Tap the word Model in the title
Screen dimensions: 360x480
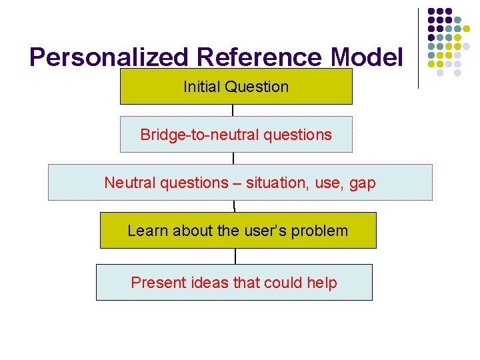coord(367,57)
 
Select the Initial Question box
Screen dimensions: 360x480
coord(236,87)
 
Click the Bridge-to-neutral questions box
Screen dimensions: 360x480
coord(236,135)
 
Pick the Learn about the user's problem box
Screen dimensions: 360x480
coord(238,231)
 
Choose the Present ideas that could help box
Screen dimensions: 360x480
coord(234,283)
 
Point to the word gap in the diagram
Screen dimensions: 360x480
coord(363,183)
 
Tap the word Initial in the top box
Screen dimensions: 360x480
coord(202,87)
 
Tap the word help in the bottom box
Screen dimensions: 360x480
coord(322,283)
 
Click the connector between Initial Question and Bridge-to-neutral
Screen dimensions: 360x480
coord(233,111)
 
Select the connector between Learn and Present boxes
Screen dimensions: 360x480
coord(235,256)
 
